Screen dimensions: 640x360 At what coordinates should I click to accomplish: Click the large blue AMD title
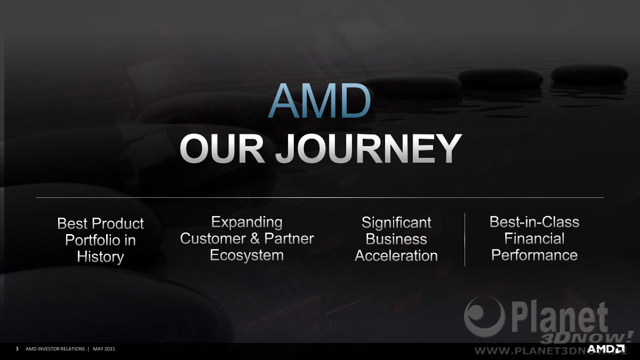point(319,100)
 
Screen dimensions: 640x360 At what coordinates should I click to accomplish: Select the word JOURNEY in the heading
point(369,149)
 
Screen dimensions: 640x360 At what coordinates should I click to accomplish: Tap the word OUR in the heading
point(222,149)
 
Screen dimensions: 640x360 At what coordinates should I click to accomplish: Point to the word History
point(100,257)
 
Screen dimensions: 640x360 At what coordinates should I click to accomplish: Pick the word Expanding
point(247,222)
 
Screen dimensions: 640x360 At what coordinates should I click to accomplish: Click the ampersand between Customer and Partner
point(255,238)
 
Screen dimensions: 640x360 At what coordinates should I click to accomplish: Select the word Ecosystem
point(247,255)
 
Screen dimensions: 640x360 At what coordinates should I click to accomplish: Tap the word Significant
point(396,223)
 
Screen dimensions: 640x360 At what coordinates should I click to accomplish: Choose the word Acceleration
point(396,255)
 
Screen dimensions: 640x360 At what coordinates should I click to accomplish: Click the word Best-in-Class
point(534,222)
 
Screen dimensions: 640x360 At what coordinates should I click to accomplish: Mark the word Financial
point(534,238)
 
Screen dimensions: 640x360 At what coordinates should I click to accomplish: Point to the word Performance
point(534,255)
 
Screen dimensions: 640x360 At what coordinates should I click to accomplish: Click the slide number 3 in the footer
point(17,349)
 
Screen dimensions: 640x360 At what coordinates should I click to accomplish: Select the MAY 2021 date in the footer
point(104,349)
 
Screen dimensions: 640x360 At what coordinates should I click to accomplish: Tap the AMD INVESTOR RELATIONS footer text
point(55,349)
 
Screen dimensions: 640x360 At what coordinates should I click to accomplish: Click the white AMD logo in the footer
point(606,349)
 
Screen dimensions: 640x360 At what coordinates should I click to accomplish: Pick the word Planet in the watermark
point(559,318)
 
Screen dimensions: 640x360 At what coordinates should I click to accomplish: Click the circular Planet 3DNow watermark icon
point(484,317)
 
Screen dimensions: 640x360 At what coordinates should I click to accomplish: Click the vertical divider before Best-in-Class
point(465,239)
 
